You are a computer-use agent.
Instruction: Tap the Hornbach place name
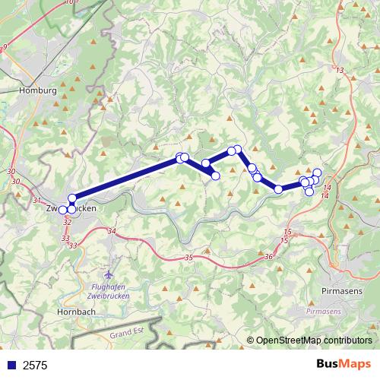tap(76, 312)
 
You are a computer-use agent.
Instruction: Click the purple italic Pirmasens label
tap(325, 312)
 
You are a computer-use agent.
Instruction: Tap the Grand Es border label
tap(126, 334)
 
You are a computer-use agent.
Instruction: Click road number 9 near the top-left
tap(5, 47)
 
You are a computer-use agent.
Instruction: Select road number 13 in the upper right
tap(339, 71)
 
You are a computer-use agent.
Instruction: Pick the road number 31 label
tap(37, 200)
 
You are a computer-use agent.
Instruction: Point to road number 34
tap(112, 230)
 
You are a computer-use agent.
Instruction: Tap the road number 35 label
tap(188, 258)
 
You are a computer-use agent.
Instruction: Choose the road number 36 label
tap(269, 257)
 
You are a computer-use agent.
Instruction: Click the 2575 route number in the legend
tap(35, 365)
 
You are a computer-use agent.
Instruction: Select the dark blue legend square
tap(11, 365)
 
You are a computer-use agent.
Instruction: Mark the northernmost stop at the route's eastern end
tap(317, 173)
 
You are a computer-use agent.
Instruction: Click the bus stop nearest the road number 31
tap(63, 210)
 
